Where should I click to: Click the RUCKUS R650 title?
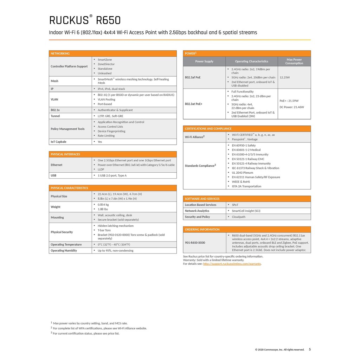coord(85,20)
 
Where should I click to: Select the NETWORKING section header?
coord(60,53)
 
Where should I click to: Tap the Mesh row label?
coord(54,81)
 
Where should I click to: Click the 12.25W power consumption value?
coord(285,77)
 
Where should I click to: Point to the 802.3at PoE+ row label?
coord(194,104)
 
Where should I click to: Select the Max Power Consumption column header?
coord(294,62)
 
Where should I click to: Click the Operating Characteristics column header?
coord(251,62)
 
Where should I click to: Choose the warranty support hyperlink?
coord(232,264)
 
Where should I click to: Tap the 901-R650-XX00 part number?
coord(195,243)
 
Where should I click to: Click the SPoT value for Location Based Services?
coord(235,205)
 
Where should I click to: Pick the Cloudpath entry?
coord(239,217)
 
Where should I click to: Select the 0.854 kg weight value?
coord(103,205)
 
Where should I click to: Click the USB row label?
coord(53,175)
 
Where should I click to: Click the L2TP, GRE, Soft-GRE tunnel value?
coord(110,116)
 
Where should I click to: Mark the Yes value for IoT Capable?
coord(100,142)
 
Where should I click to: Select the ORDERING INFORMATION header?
coord(202,229)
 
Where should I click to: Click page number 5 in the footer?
coord(310,349)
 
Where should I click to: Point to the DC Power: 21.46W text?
coord(292,107)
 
